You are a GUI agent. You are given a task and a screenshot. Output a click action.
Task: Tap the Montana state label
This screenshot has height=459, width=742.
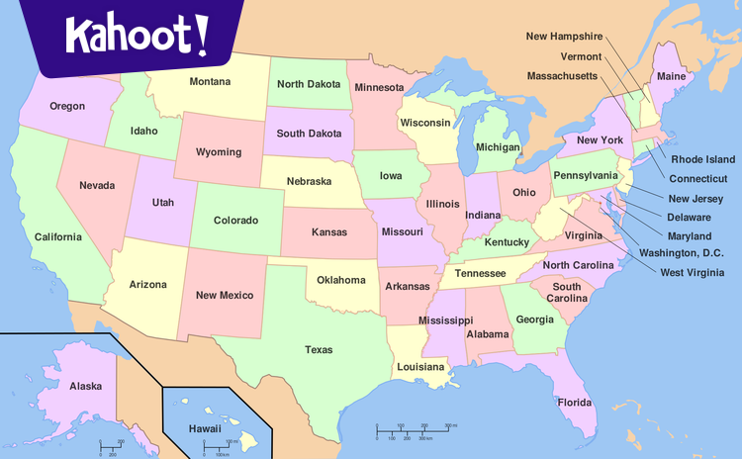pos(210,82)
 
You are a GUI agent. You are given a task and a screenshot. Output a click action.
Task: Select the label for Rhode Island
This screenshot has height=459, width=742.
pos(702,159)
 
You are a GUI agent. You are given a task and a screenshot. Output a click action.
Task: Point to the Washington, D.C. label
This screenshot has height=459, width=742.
pos(681,253)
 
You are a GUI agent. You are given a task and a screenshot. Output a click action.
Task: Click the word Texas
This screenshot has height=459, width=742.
pos(319,350)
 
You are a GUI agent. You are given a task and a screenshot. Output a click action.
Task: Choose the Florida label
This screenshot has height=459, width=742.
pos(574,403)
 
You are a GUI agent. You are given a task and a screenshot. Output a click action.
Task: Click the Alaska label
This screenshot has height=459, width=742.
pos(85,387)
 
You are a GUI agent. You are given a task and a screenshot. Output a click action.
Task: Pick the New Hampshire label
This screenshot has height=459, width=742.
pos(564,37)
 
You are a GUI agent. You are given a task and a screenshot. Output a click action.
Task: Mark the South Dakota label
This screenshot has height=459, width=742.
pos(309,134)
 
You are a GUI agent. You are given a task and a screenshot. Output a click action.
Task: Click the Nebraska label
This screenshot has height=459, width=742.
pos(309,182)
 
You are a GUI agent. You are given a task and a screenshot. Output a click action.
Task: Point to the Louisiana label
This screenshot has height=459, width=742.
pos(420,367)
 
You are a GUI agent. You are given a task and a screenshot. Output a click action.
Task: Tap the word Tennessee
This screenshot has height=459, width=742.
pos(480,274)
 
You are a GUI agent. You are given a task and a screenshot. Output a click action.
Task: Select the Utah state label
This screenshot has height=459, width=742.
pos(163,203)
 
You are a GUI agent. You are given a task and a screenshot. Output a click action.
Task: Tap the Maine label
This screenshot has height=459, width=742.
pos(673,76)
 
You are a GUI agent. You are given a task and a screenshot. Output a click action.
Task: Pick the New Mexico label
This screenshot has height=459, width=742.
pos(224,296)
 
